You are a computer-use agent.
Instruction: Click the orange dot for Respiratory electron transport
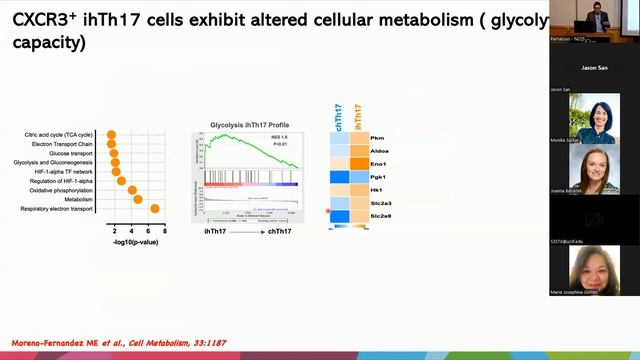coord(154,208)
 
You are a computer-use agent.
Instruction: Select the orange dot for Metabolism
coord(138,199)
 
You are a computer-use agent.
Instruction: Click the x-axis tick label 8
coord(164,230)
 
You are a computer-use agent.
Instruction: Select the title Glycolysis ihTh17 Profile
coord(248,125)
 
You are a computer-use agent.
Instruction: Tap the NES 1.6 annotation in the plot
coord(283,137)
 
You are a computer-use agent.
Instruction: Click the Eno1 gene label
coord(378,163)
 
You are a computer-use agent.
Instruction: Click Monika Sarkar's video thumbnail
coord(593,119)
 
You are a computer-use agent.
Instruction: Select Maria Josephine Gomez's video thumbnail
coord(593,270)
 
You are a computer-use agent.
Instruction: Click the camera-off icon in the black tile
coord(593,218)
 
